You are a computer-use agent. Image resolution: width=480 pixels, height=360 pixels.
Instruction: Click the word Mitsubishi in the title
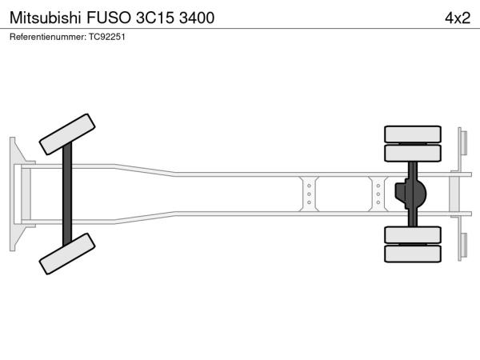[x=46, y=18]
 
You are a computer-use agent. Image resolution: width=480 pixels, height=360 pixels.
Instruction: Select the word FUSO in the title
[x=109, y=18]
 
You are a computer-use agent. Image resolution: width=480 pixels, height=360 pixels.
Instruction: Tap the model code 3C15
[x=154, y=18]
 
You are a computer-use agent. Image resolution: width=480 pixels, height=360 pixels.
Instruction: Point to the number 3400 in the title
[x=197, y=18]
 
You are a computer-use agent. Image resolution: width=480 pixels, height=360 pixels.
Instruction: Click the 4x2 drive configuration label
[x=458, y=18]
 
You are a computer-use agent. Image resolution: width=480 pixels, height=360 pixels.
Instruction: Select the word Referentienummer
[x=48, y=37]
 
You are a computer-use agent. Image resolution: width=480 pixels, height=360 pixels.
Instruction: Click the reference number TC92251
[x=107, y=37]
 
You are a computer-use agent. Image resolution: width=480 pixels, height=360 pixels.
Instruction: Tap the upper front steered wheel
[x=67, y=134]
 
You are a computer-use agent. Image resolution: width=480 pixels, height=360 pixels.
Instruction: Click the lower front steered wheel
[x=67, y=254]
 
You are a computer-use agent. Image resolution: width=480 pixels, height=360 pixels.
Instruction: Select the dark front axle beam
[x=67, y=194]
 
